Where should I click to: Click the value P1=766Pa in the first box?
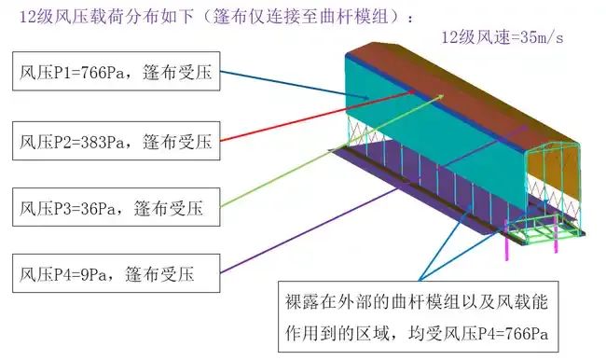(90, 74)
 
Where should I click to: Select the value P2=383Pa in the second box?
(90, 143)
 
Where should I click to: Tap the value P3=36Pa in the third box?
(87, 207)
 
